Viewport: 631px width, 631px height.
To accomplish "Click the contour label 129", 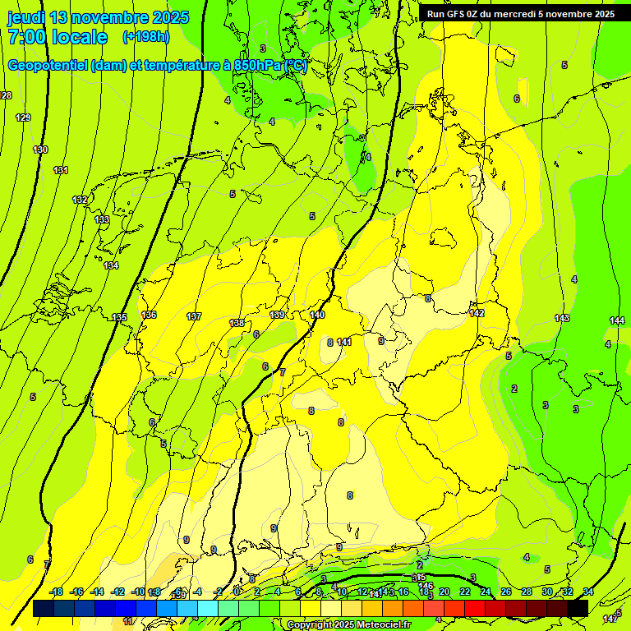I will pyautogui.click(x=23, y=118).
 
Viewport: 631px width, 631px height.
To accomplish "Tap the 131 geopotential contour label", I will pyautogui.click(x=60, y=170).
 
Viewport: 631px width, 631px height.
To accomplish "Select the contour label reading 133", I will pyautogui.click(x=102, y=219).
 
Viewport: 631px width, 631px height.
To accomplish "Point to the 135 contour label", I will pyautogui.click(x=119, y=317).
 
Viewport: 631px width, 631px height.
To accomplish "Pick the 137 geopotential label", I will pyautogui.click(x=194, y=316).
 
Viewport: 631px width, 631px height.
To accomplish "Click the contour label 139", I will pyautogui.click(x=278, y=315).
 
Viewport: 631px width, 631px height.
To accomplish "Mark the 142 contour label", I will pyautogui.click(x=477, y=313).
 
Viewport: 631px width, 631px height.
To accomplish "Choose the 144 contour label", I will pyautogui.click(x=617, y=320).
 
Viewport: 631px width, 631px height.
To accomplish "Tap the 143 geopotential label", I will pyautogui.click(x=562, y=318).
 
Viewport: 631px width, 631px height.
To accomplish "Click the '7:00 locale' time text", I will pyautogui.click(x=58, y=37).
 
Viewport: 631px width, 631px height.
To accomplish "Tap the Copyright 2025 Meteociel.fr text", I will pyautogui.click(x=348, y=625).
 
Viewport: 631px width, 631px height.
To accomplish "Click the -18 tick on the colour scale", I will pyautogui.click(x=56, y=592).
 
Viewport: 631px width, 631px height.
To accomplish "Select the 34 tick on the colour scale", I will pyautogui.click(x=588, y=592).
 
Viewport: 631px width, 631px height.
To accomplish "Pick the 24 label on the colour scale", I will pyautogui.click(x=486, y=592).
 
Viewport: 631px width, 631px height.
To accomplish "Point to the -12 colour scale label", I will pyautogui.click(x=117, y=592).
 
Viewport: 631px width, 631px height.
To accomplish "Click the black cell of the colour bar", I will pyautogui.click(x=578, y=608).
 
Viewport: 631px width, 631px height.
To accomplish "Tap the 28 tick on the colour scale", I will pyautogui.click(x=527, y=592).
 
